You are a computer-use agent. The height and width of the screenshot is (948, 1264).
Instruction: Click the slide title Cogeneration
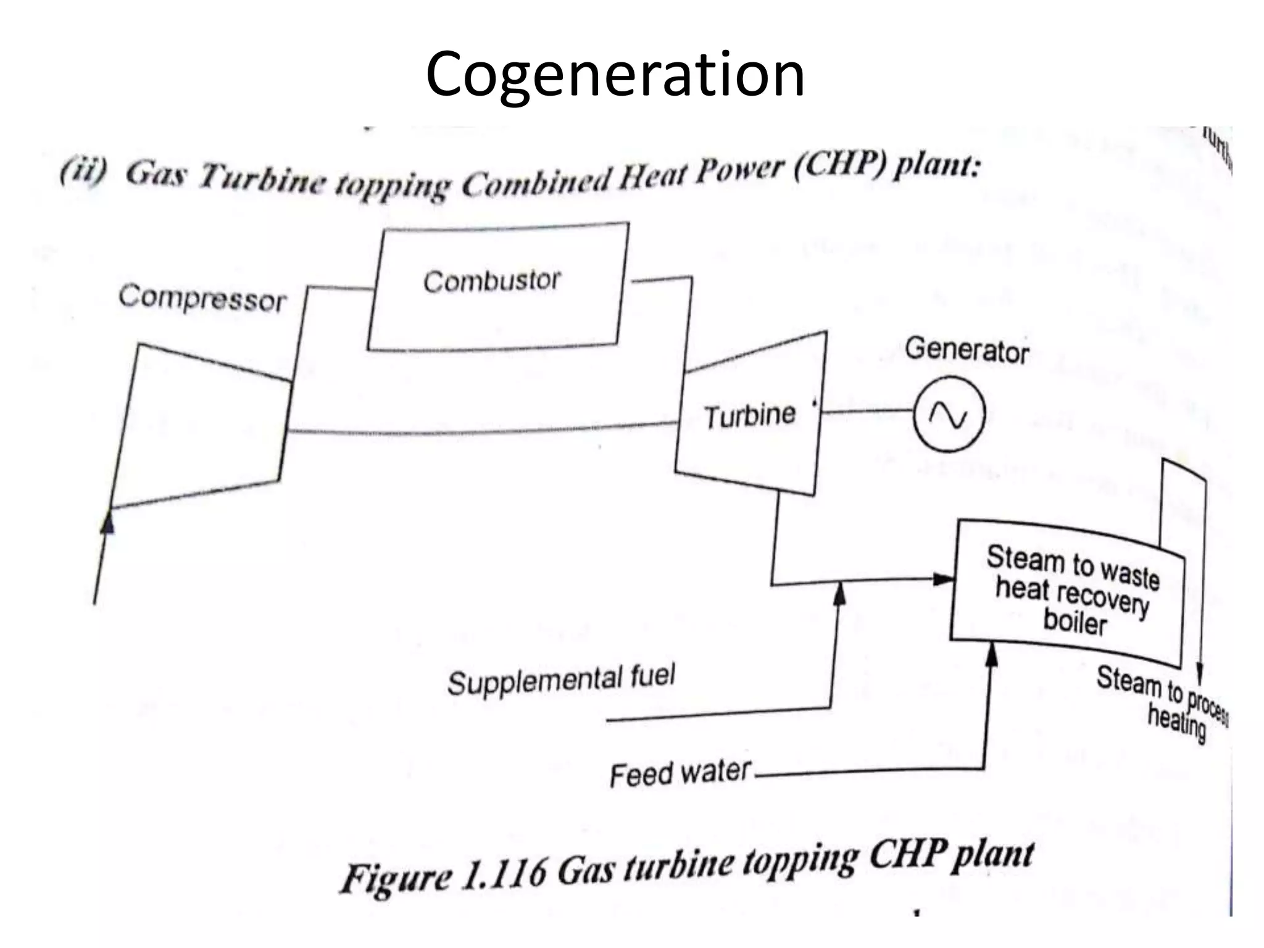click(615, 75)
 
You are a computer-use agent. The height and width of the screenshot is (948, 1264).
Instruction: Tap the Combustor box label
click(492, 281)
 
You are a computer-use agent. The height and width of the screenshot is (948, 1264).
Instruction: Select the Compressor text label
click(202, 299)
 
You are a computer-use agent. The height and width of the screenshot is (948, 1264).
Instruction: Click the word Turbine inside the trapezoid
click(750, 415)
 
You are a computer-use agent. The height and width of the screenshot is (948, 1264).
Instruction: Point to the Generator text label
click(967, 351)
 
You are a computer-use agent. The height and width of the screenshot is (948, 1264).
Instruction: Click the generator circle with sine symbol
click(949, 414)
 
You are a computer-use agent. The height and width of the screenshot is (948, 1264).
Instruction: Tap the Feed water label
click(680, 773)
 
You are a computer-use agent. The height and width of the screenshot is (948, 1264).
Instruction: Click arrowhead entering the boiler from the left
click(943, 579)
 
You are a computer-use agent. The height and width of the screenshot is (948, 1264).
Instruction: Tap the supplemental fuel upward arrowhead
click(839, 595)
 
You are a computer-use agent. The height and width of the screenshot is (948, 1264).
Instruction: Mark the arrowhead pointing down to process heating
click(1200, 671)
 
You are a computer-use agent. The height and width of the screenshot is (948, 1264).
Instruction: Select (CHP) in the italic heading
click(841, 167)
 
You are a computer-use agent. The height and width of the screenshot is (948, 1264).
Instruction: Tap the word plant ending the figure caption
click(992, 856)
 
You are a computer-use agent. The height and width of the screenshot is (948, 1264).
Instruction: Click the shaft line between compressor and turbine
click(481, 431)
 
